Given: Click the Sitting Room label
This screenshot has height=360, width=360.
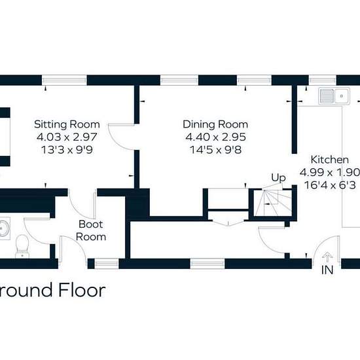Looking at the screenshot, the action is pos(67,124).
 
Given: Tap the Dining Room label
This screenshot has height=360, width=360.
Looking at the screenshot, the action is pos(215,124).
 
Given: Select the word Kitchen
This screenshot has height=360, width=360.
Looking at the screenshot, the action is pos(330,160).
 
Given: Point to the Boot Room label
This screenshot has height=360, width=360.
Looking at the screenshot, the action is pos(91,230).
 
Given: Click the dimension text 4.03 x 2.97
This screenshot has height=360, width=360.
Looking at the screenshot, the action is pos(67,137).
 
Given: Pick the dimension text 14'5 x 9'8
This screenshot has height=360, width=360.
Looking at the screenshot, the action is pos(215,150).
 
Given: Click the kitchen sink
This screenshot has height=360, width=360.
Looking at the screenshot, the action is pos(334,96).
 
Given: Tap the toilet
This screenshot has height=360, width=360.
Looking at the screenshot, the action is pos(22,246).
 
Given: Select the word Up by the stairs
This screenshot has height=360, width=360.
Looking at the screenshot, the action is pos(278,177).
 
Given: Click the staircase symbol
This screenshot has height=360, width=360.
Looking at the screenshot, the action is pos(273,202).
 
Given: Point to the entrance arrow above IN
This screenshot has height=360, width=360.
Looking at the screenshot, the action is pos(327,257).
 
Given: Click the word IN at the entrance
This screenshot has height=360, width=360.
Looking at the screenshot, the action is pos(327,270).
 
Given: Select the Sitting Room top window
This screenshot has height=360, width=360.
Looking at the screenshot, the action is pos(64,81).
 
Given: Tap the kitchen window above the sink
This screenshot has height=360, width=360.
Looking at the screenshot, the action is pos(322,81).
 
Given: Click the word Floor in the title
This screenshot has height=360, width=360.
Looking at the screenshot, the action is pos(82,290).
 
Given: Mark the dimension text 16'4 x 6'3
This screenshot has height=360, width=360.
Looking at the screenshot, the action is pos(330,185).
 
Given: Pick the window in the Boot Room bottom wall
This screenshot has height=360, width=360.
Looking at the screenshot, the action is pos(107,264).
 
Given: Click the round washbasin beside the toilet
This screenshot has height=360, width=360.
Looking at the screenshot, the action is pos(4,228).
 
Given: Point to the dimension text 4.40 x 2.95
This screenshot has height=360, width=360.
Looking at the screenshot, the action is pos(215,137).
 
